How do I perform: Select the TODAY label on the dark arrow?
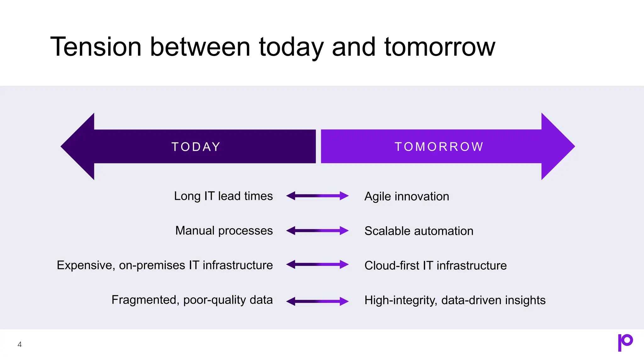196,147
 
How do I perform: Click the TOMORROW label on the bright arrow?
439,147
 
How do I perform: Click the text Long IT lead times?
223,196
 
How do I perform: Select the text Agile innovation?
407,196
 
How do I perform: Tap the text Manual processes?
224,231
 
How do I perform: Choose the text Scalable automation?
419,231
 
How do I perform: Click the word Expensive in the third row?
86,265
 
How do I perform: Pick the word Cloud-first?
391,266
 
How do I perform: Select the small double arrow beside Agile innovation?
317,196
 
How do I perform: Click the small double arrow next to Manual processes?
317,231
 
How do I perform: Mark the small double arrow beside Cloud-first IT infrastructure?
317,265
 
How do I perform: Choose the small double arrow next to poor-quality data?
317,301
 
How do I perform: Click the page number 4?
19,344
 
